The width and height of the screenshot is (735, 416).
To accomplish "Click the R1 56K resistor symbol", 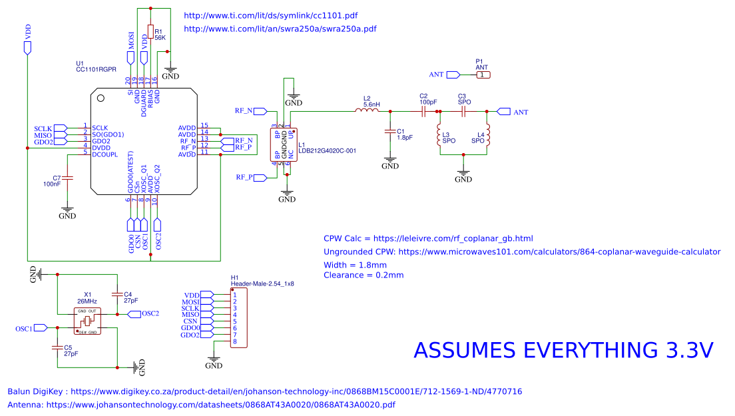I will point(150,34).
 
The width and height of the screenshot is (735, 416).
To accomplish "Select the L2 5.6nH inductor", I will point(367,112).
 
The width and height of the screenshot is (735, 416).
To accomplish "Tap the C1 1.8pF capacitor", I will point(389,133).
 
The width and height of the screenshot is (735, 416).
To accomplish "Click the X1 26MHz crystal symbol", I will point(87,321).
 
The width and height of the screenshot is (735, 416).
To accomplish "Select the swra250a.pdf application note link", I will point(280,29).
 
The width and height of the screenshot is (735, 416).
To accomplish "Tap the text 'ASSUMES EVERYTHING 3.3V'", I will point(563,350).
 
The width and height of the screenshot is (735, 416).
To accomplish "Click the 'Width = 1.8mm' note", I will point(355,264).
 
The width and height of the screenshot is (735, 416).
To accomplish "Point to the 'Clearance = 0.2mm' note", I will point(364,275).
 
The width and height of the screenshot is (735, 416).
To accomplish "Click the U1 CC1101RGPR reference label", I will point(97,69).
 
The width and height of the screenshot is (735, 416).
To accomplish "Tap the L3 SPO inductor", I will point(440,136).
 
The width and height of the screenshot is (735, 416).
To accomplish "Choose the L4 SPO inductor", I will point(488,136).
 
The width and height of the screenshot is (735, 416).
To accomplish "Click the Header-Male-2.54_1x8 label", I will point(262,284).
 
